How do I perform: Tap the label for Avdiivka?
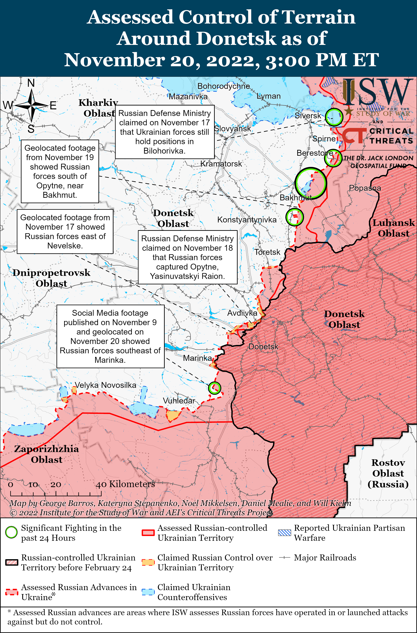click(242, 313)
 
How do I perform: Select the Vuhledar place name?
click(179, 401)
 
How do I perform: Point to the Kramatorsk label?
click(221, 164)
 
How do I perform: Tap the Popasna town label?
click(365, 188)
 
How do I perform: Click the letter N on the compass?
click(31, 83)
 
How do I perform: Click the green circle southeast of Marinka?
click(214, 388)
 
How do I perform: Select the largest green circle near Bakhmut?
click(310, 183)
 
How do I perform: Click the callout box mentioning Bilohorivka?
click(165, 132)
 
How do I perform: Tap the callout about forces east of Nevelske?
click(65, 231)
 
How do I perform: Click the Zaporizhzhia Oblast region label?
click(47, 454)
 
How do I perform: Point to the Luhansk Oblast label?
click(393, 228)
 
